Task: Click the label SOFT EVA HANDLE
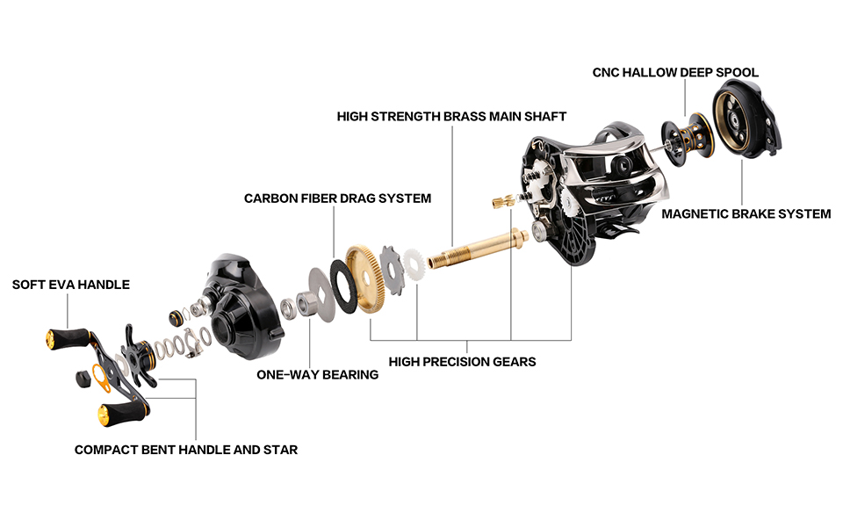tap(70, 285)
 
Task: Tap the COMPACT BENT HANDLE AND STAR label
tap(186, 450)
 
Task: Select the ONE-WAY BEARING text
tap(317, 374)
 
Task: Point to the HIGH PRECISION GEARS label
tap(462, 361)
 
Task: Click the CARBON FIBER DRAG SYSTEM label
tap(337, 199)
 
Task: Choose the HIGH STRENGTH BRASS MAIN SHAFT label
tap(451, 116)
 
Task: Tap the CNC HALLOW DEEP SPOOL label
tap(675, 72)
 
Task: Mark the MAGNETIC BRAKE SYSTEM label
tap(746, 213)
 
